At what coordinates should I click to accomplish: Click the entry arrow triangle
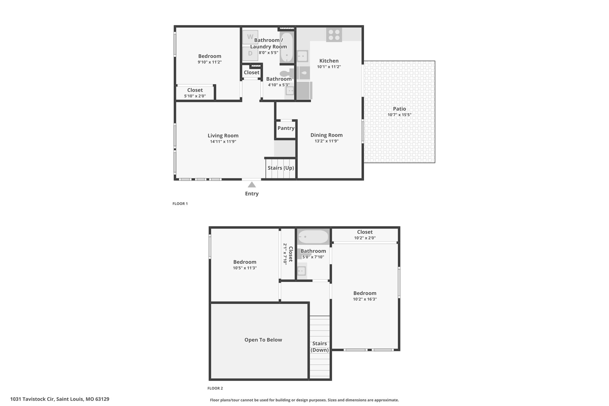click(252, 185)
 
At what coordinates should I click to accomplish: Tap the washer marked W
click(250, 37)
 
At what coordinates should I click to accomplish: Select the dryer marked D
click(250, 54)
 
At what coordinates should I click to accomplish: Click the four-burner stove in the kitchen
click(334, 35)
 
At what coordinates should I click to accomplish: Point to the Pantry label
click(286, 128)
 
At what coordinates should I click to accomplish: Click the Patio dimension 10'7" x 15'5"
click(399, 115)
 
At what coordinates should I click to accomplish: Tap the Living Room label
click(223, 136)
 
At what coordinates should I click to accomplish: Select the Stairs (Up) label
click(281, 168)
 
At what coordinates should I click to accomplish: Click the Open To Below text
click(263, 340)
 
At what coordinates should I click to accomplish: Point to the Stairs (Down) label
click(320, 347)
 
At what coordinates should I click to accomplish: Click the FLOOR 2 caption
click(215, 388)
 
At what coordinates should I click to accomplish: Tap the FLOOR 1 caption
click(180, 204)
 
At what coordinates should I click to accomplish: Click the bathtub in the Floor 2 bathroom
click(313, 237)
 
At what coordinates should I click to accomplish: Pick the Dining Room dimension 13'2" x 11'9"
click(327, 141)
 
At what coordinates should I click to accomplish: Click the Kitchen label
click(329, 61)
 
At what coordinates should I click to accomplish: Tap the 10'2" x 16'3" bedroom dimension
click(365, 299)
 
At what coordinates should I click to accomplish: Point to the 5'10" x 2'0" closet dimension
click(195, 96)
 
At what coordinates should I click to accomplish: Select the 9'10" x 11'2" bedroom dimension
click(210, 62)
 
